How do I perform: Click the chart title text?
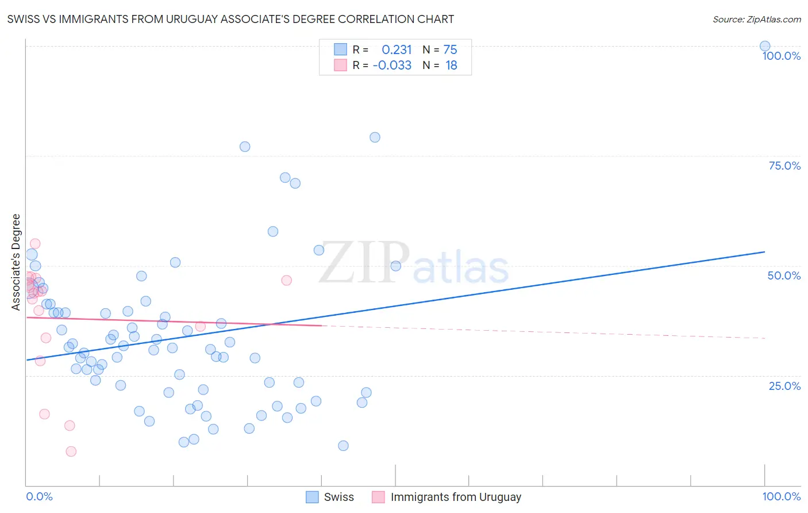pos(230,20)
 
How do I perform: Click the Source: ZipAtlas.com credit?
pos(756,20)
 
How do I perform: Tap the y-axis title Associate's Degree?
pos(16,262)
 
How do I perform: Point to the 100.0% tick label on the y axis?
pos(781,56)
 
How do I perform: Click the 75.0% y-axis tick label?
pos(784,166)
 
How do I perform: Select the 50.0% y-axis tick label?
pos(784,275)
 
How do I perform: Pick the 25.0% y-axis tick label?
pos(784,386)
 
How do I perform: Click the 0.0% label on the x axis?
pos(39,496)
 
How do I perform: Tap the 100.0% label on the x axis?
pos(781,496)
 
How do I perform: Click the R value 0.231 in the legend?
pos(397,50)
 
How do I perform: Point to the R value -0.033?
pos(392,66)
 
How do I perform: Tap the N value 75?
pos(450,50)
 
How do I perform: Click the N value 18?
pos(451,66)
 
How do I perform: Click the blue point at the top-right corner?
pos(765,46)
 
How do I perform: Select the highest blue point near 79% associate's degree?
pos(375,137)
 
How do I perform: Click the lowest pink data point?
pos(71,451)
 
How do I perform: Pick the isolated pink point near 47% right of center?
pos(286,280)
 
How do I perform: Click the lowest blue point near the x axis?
pos(343,446)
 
